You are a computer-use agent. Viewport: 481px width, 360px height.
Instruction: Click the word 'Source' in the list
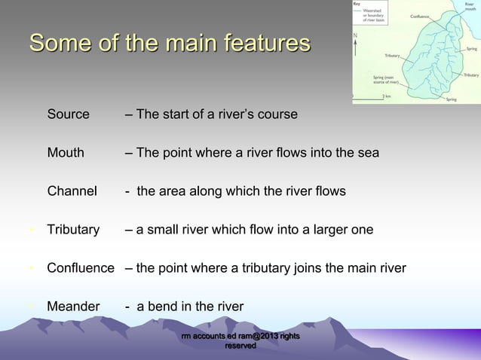[68, 114]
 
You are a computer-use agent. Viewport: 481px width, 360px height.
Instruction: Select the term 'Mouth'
[66, 153]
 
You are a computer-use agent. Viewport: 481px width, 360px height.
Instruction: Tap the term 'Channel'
[72, 191]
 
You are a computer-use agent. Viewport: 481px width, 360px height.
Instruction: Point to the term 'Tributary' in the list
[73, 230]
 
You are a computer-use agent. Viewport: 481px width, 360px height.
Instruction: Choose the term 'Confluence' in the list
[81, 268]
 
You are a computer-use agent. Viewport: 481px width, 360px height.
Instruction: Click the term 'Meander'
[73, 307]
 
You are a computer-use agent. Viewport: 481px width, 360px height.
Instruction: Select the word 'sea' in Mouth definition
[368, 153]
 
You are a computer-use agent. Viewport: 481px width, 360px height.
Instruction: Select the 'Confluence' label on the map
[420, 17]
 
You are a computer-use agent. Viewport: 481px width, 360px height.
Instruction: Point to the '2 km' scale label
[386, 96]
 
